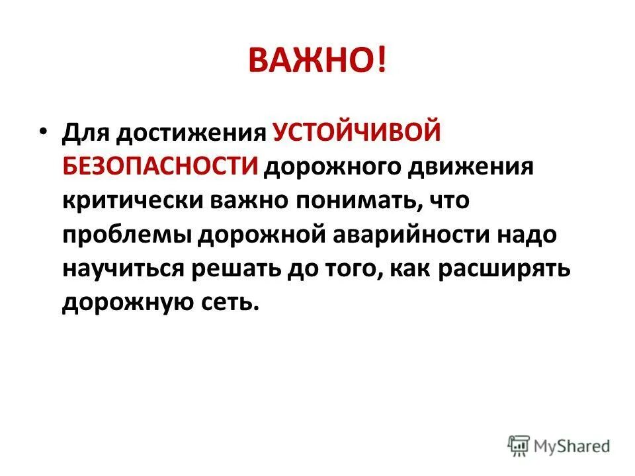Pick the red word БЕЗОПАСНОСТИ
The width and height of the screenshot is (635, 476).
tap(160, 165)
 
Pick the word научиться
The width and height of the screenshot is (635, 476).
tap(126, 269)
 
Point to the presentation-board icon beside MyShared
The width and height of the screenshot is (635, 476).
tap(519, 445)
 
